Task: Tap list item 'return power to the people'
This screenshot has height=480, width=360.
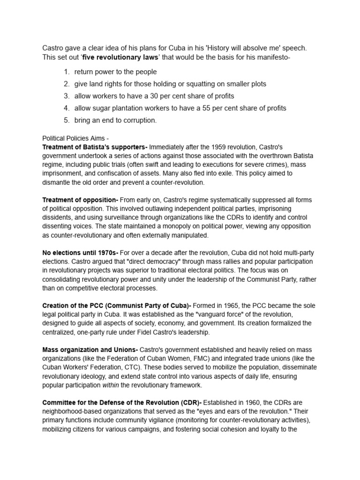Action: pos(115,72)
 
